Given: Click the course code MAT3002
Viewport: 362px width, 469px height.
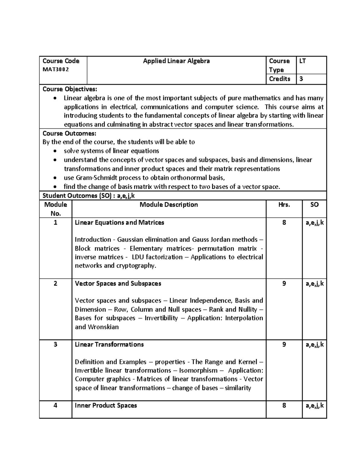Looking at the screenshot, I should (x=56, y=69).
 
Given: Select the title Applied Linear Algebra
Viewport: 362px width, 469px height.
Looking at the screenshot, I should (x=176, y=61).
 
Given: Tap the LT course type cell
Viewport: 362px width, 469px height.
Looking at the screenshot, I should (x=303, y=61).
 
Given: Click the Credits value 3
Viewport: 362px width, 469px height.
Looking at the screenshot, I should (x=301, y=79).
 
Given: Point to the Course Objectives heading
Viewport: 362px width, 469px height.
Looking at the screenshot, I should (x=70, y=89).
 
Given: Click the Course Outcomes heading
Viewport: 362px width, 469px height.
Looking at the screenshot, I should (x=69, y=133).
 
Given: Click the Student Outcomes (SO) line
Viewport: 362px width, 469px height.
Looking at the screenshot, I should (x=89, y=196).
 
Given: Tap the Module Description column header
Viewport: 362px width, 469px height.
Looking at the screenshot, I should (x=169, y=205).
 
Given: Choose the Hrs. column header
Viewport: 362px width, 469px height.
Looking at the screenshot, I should (x=284, y=205).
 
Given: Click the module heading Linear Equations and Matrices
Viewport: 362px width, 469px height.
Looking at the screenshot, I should (x=119, y=223).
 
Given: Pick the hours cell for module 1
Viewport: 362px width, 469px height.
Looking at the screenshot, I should (x=284, y=223).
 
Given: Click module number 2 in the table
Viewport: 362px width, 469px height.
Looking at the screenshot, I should (x=56, y=284).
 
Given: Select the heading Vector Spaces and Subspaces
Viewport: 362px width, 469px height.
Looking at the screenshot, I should (x=118, y=284).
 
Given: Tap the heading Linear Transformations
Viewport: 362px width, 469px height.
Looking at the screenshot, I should (x=109, y=345).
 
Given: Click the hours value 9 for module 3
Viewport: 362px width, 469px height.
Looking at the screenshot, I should (x=284, y=345).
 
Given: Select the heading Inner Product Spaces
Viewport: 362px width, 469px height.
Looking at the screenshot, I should (x=106, y=406).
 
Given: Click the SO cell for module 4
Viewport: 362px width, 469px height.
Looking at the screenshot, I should (x=314, y=406).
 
